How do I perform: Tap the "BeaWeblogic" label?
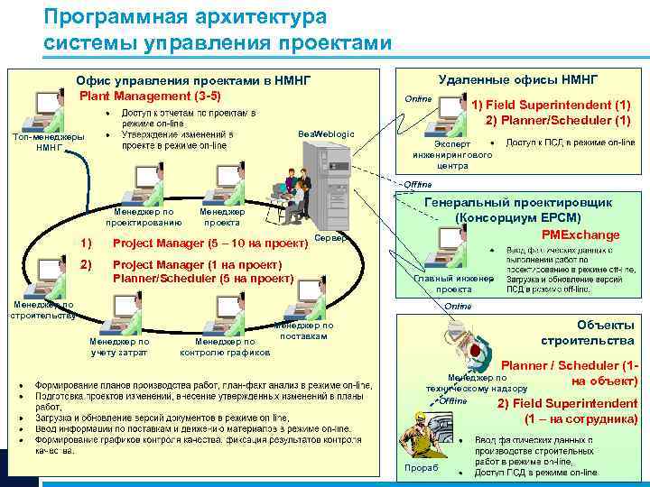pos(326,133)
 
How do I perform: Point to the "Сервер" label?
pos(330,238)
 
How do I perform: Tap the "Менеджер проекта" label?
pos(221,216)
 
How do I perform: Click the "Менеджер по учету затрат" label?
pos(119,346)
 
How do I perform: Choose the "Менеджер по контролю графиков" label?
pos(226,346)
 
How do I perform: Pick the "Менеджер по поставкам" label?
pos(302,330)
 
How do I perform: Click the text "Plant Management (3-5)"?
pos(150,96)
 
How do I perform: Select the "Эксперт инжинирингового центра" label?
pos(452,154)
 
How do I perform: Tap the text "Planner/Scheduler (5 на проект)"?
pos(204,279)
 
